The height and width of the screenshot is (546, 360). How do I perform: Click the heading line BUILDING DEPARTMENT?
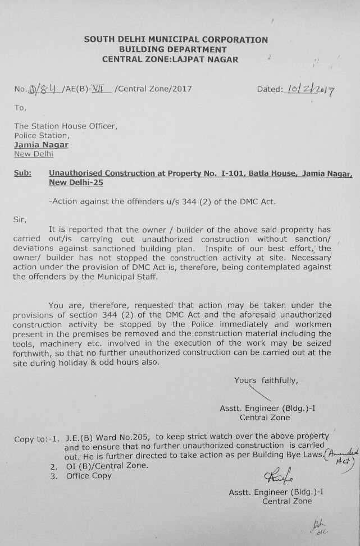pos(176,49)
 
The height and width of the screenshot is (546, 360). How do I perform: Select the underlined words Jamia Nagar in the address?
pos(42,145)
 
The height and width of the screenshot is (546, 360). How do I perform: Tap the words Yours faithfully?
pos(266,380)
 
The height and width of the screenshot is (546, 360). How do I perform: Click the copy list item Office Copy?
pos(89,476)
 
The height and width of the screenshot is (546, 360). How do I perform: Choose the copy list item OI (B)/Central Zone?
pos(106,466)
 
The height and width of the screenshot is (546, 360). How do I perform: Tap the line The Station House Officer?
pos(66,126)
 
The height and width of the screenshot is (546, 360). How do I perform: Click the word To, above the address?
pos(20,108)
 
